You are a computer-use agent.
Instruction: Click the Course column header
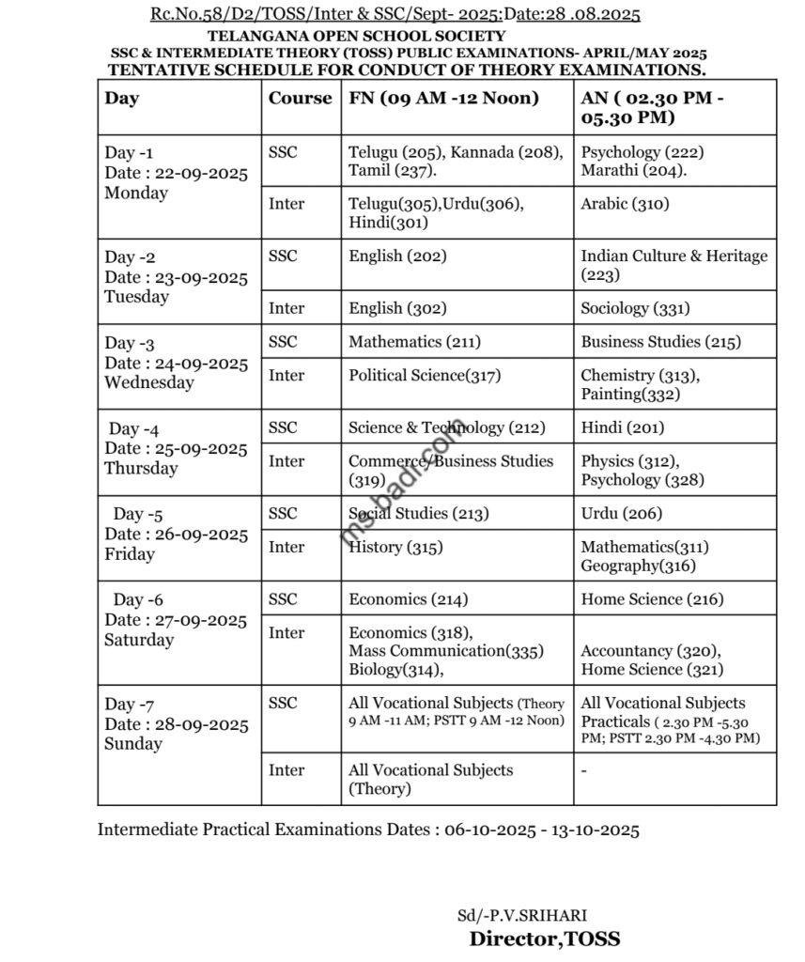coord(300,98)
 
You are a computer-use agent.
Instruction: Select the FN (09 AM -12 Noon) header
coord(443,98)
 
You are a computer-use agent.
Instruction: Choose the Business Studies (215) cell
coord(660,342)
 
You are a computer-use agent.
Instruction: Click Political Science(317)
coord(425,376)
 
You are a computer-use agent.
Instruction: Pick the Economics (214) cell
coord(408,599)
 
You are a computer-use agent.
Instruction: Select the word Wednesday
coord(149,383)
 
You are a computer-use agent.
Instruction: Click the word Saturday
coord(139,641)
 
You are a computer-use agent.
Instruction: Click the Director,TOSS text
coord(545,939)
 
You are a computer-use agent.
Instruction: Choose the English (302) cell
coord(397,308)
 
